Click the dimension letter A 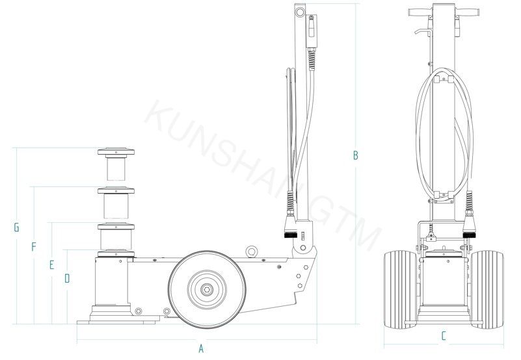click(201, 349)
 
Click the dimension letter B click(356, 155)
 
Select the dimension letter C click(444, 336)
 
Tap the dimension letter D click(67, 278)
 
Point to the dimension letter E click(51, 264)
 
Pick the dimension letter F click(34, 247)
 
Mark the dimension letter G click(16, 227)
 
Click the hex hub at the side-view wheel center click(207, 290)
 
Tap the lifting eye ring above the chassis click(252, 251)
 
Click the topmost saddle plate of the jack click(116, 152)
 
